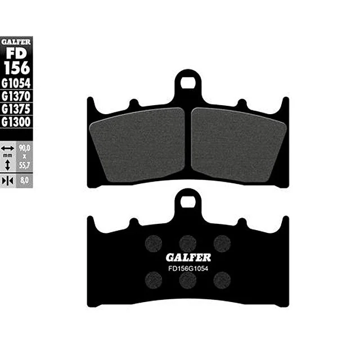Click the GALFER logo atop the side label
16,42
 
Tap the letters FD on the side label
16,53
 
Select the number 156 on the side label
17,68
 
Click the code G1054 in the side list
16,83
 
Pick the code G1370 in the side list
16,96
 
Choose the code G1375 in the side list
16,109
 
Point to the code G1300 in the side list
16,122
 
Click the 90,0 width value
24,148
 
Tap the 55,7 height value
24,165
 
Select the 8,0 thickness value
24,181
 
